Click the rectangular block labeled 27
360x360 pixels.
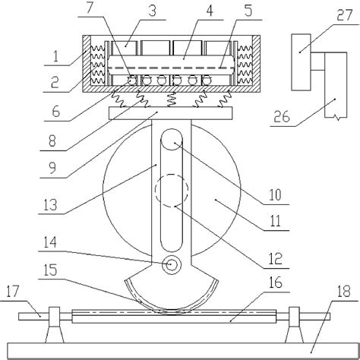[x=303, y=46]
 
